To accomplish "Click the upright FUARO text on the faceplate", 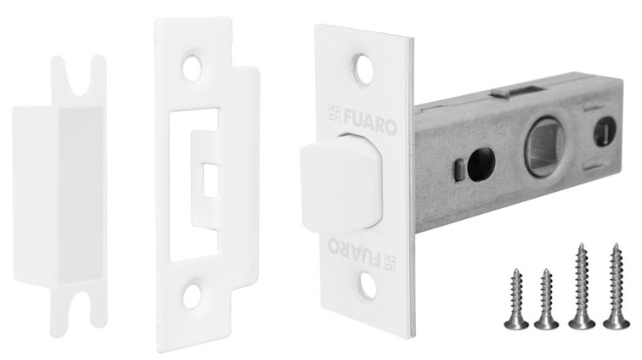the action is coord(369,127).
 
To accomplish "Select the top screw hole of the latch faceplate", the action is coord(362,68).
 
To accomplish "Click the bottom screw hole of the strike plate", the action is coord(194,298).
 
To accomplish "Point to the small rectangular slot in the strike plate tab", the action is coord(209,179).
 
